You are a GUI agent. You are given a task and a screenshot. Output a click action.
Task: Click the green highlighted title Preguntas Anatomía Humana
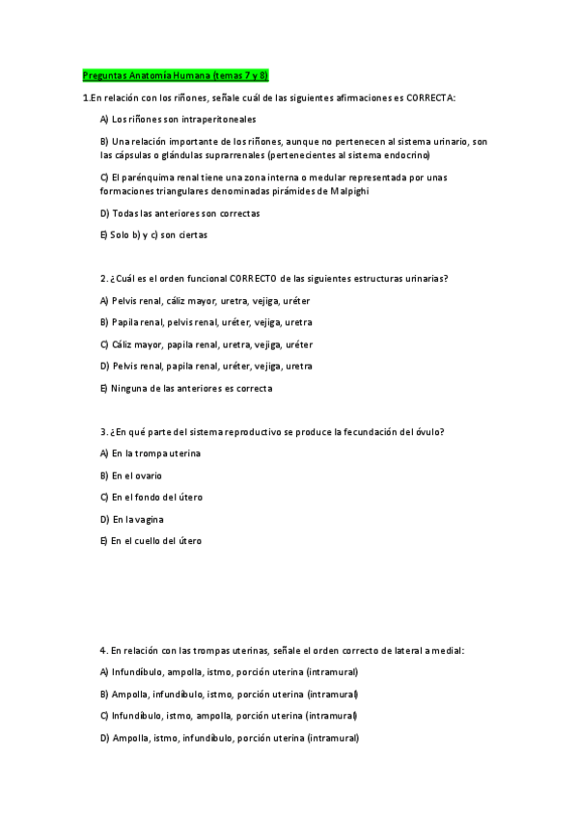(x=176, y=75)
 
